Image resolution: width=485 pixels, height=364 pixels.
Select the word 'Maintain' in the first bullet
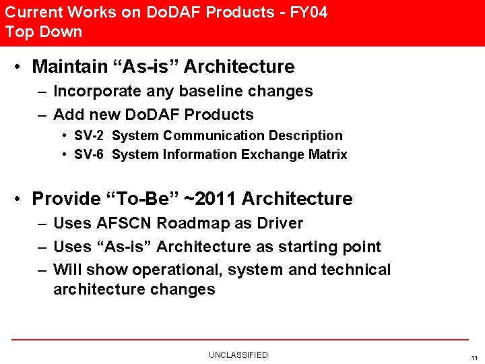[x=70, y=67]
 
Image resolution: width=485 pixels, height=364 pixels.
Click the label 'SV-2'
[x=88, y=135]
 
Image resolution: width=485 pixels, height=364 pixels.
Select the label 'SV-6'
[x=88, y=154]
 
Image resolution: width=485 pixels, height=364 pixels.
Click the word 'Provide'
[x=66, y=199]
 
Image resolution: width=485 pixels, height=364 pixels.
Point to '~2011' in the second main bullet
[x=209, y=199]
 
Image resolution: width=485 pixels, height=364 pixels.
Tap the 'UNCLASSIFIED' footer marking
[x=238, y=355]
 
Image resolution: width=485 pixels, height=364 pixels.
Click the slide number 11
[x=474, y=357]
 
